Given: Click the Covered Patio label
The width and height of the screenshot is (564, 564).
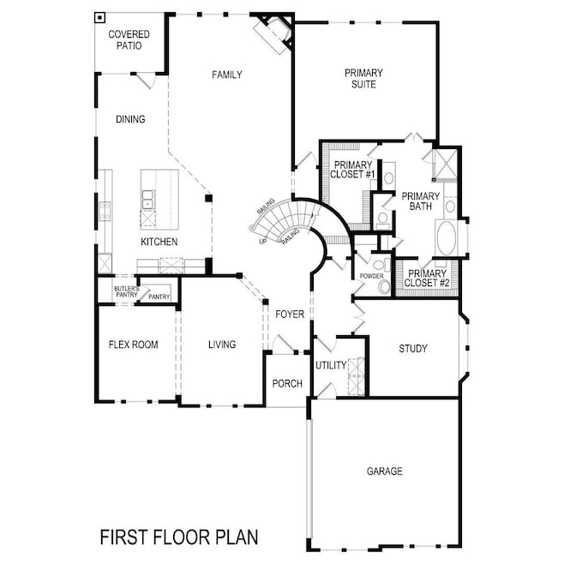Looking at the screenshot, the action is [x=129, y=40].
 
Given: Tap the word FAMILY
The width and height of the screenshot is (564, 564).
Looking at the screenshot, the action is [x=227, y=75].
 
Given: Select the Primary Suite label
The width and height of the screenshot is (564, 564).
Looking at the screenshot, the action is [x=363, y=78].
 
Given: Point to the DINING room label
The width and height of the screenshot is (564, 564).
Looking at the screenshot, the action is [x=130, y=119].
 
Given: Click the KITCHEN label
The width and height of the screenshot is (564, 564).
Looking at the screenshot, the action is [x=159, y=242].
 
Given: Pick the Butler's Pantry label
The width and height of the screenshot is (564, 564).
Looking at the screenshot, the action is [x=127, y=291].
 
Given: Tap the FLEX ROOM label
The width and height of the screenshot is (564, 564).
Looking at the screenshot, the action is [x=134, y=345].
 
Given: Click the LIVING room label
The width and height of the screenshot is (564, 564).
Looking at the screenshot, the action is [x=222, y=345].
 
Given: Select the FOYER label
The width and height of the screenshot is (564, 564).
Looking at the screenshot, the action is [x=290, y=315].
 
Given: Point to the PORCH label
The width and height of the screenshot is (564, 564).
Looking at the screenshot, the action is [x=287, y=384].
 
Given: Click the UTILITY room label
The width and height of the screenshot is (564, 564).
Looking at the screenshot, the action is [x=331, y=365].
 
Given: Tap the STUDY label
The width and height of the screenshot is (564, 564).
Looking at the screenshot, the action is [x=413, y=349].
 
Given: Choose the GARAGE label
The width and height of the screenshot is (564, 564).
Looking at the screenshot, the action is [x=385, y=471].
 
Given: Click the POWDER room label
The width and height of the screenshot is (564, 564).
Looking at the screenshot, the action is [x=371, y=276].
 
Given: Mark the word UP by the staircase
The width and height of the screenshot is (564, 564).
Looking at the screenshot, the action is [x=263, y=242].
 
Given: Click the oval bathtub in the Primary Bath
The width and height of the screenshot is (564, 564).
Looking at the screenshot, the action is [x=447, y=238].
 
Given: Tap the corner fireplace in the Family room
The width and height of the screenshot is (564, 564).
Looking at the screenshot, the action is [x=274, y=33].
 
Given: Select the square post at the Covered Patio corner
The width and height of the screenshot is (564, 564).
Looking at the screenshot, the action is [x=99, y=17].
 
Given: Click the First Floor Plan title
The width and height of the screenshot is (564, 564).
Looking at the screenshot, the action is [x=179, y=537].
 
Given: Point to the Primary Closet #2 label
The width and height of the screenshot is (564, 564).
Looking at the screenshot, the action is [x=427, y=279].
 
